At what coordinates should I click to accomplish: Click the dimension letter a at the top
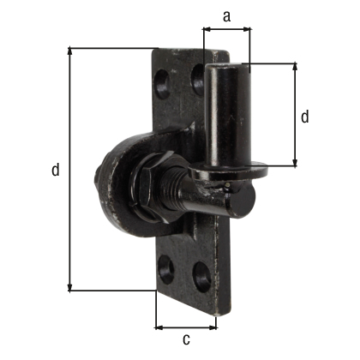tap(226, 15)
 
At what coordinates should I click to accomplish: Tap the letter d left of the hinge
tap(55, 171)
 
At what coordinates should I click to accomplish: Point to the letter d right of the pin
tap(306, 116)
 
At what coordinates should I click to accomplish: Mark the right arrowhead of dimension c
tap(213, 327)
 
